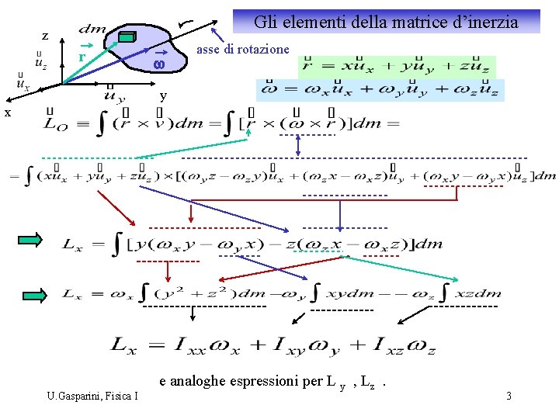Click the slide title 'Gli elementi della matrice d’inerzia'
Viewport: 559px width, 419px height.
tap(386, 22)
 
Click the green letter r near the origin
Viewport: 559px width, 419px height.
tap(80, 57)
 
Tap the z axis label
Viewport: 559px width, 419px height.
tap(45, 36)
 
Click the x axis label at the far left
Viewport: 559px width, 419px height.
tap(7, 113)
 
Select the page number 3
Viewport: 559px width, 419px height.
tap(508, 396)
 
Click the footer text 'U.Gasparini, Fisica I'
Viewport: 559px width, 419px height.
tap(92, 396)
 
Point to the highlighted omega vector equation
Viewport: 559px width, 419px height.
tap(380, 89)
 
